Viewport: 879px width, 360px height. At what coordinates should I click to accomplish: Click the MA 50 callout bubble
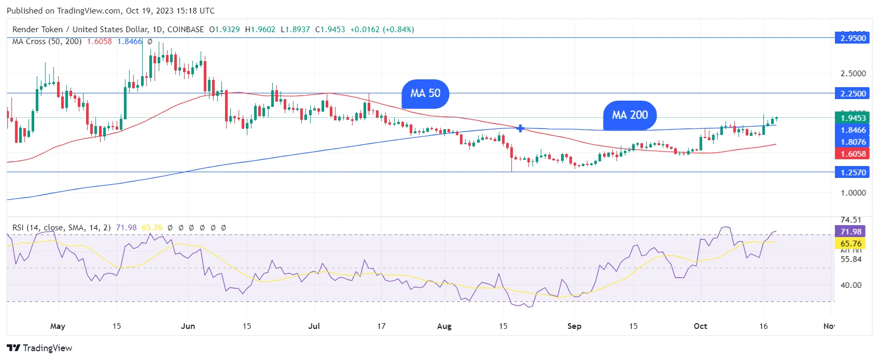[x=425, y=93]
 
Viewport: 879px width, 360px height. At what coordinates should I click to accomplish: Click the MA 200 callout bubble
[x=630, y=115]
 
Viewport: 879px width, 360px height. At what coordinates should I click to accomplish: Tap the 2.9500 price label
[x=853, y=38]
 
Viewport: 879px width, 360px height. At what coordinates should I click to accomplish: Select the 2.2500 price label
[x=853, y=93]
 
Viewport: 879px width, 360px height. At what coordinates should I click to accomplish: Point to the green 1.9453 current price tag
[x=853, y=118]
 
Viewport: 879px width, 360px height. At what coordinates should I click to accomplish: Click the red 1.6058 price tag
[x=853, y=154]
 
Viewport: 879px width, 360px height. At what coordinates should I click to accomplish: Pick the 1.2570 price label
[x=853, y=172]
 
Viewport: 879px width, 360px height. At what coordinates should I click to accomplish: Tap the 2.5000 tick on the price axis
[x=853, y=74]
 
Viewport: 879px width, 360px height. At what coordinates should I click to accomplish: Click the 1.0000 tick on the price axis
[x=853, y=193]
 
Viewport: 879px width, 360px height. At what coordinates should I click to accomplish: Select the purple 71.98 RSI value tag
[x=851, y=232]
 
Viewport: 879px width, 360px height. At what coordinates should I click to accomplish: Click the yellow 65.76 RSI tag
[x=851, y=243]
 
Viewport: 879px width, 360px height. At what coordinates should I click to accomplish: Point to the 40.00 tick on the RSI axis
[x=851, y=285]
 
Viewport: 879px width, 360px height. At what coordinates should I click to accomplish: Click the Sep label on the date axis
[x=574, y=326]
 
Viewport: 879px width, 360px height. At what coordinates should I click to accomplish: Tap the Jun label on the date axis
[x=188, y=326]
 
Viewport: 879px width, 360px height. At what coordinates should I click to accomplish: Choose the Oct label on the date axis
[x=700, y=326]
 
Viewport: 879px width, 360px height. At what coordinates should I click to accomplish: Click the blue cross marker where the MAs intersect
[x=520, y=128]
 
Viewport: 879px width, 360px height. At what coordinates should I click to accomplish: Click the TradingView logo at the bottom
[x=39, y=348]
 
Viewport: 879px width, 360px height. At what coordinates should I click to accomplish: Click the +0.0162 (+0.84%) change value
[x=382, y=30]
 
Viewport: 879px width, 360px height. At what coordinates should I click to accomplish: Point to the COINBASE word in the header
[x=186, y=30]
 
